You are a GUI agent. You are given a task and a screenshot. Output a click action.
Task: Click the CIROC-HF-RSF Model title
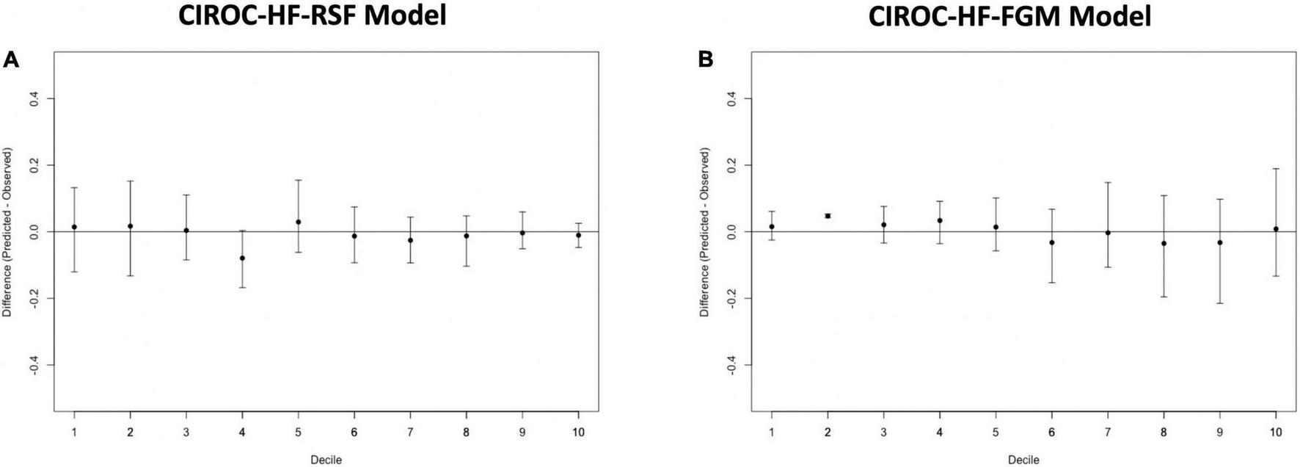tap(312, 15)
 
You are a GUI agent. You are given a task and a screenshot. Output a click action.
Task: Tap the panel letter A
tap(11, 60)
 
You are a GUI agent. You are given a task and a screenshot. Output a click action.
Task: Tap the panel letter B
tap(706, 60)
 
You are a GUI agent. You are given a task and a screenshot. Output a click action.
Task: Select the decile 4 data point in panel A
tap(242, 258)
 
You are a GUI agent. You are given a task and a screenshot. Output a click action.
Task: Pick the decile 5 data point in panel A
tap(299, 222)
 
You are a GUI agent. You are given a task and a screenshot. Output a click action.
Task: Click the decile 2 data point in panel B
tap(828, 216)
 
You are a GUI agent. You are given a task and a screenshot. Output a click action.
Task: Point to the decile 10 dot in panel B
tap(1276, 229)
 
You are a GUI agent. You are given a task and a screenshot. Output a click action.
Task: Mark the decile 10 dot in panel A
tap(578, 236)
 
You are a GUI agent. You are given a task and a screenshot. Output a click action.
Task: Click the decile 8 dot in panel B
tap(1164, 243)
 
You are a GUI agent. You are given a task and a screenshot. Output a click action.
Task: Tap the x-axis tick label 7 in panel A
tap(410, 432)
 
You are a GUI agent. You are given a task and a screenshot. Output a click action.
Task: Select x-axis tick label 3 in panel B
tap(883, 432)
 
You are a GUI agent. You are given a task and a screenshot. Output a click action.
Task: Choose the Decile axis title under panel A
tap(326, 460)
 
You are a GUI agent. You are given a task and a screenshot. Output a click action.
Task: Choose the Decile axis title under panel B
tap(1023, 460)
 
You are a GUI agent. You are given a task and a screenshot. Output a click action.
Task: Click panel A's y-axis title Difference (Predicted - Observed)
tap(8, 232)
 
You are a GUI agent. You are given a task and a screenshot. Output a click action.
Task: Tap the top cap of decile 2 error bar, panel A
tap(130, 181)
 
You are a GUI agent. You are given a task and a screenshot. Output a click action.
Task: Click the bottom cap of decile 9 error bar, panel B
tap(1220, 303)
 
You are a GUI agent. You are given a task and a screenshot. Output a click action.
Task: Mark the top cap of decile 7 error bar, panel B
tap(1108, 182)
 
